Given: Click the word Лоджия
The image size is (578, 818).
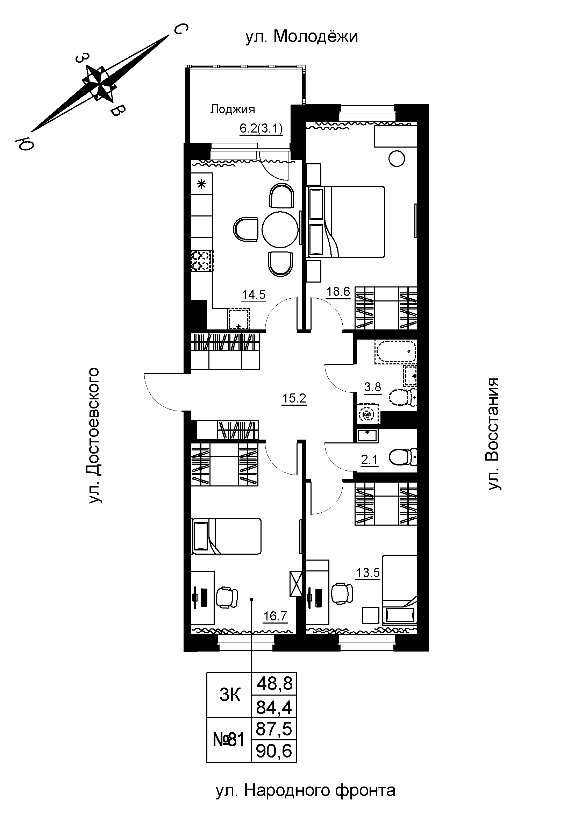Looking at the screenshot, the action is click(233, 109).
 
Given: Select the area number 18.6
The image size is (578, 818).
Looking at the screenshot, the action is click(338, 292).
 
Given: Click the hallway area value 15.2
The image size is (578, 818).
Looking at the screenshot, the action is click(294, 399).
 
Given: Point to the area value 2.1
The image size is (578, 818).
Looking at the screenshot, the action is click(369, 460).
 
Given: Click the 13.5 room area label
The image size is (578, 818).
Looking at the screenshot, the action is click(368, 573).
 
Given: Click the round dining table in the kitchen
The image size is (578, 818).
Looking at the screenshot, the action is click(280, 229).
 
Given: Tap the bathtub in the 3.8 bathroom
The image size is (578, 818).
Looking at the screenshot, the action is click(395, 353).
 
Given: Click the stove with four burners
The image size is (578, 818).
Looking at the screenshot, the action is click(202, 261).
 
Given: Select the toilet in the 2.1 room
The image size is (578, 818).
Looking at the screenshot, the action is click(404, 457).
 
